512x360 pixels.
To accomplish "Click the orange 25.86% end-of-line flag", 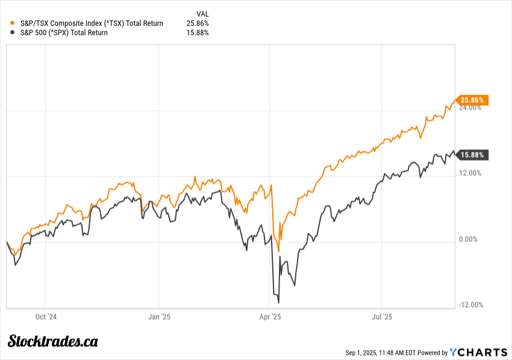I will [473, 100].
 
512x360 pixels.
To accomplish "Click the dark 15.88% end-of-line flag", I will [473, 155].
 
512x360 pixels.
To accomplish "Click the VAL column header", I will [202, 13].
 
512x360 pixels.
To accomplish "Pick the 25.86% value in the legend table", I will [198, 23].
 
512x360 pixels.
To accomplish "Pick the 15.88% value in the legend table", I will [198, 33].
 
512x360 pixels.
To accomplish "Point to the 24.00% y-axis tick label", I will [470, 108].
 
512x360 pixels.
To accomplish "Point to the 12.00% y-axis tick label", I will [470, 173].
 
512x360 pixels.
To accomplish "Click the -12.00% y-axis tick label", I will [470, 305].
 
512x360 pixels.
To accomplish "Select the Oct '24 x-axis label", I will [46, 315].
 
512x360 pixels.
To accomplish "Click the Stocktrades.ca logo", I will [53, 341].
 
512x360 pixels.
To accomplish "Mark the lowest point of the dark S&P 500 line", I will [279, 303].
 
